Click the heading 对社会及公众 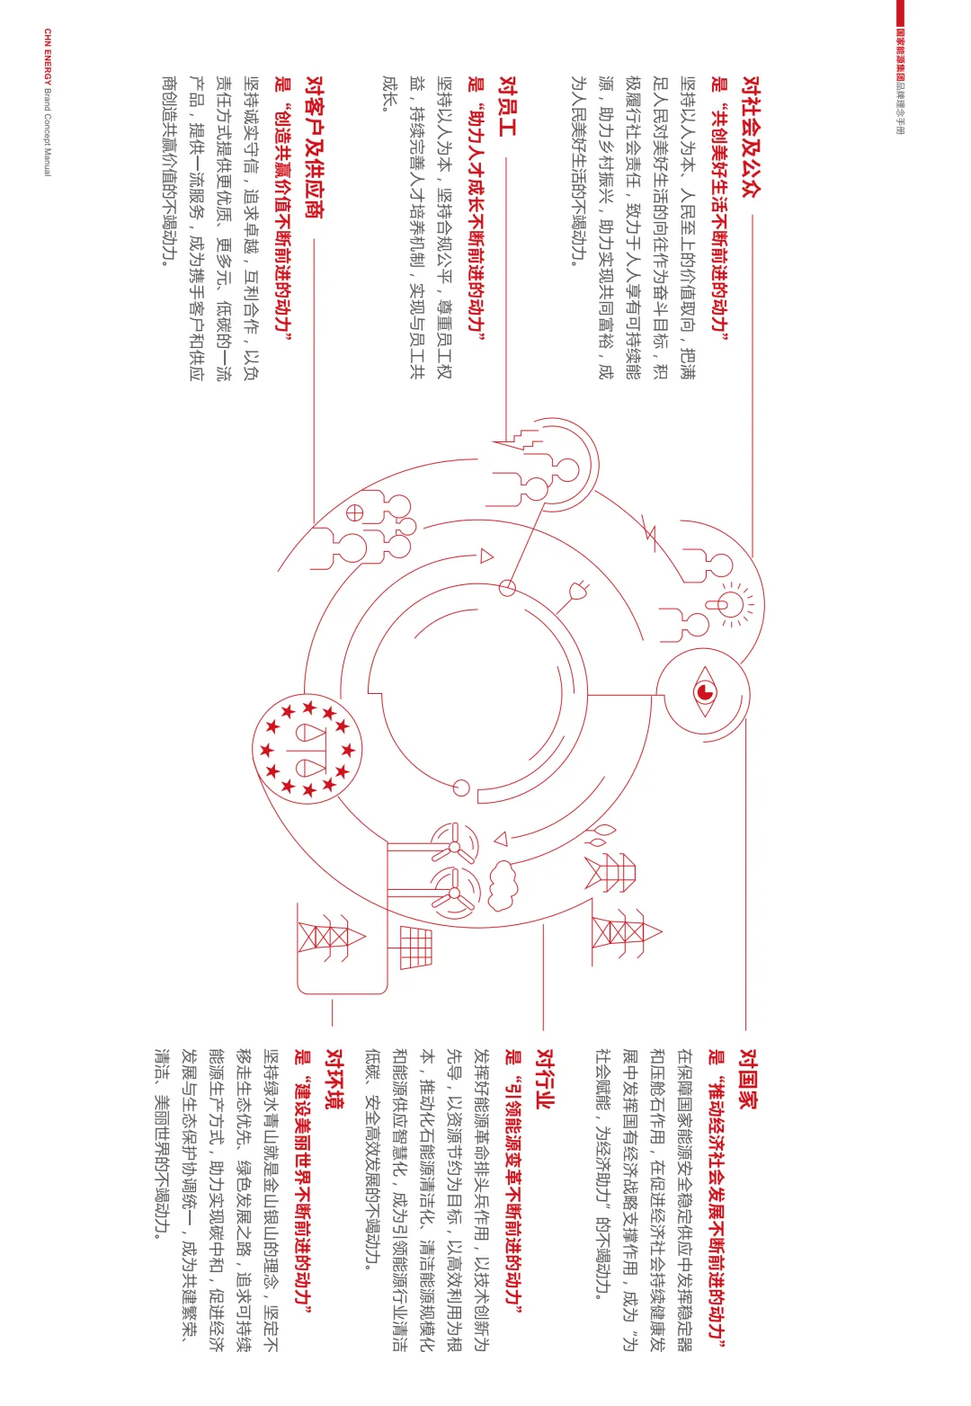click(x=751, y=137)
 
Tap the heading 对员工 click(x=508, y=106)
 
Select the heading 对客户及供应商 click(x=315, y=147)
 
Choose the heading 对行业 click(x=546, y=1079)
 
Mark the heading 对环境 click(x=334, y=1079)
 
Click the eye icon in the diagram click(x=705, y=691)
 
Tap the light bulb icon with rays click(x=732, y=605)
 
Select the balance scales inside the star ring click(x=307, y=749)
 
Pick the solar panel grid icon click(x=416, y=948)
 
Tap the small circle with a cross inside click(x=354, y=513)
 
